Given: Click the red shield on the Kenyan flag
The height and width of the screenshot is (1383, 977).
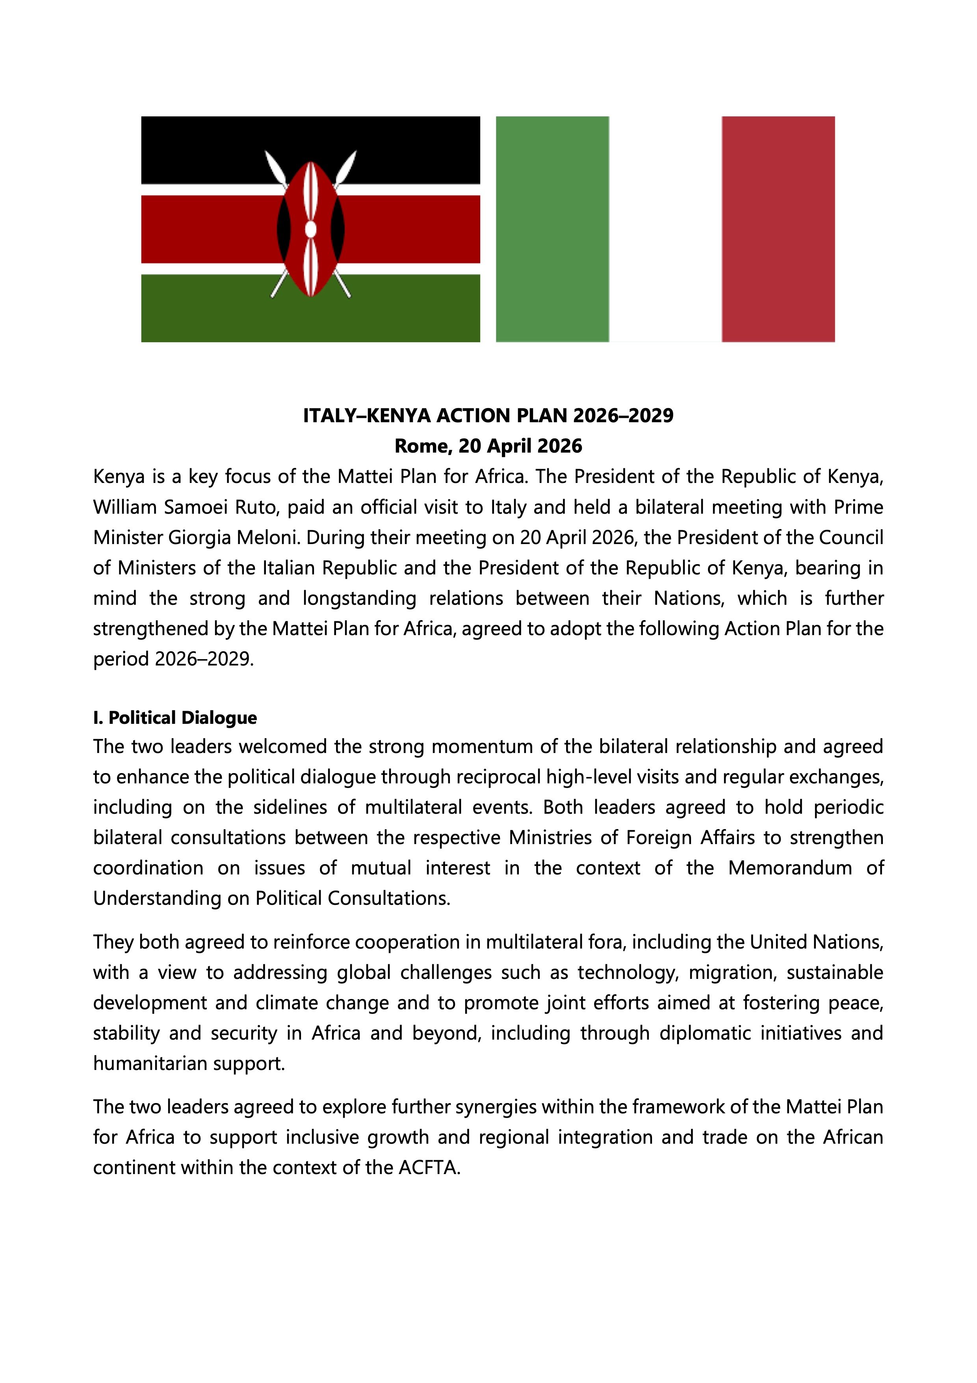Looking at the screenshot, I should pyautogui.click(x=310, y=229).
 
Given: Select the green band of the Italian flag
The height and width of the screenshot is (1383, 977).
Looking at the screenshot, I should pyautogui.click(x=552, y=229).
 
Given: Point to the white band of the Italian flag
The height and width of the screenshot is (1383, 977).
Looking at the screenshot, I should pyautogui.click(x=665, y=229).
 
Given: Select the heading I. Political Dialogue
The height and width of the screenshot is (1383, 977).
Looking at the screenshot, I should pyautogui.click(x=175, y=718).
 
